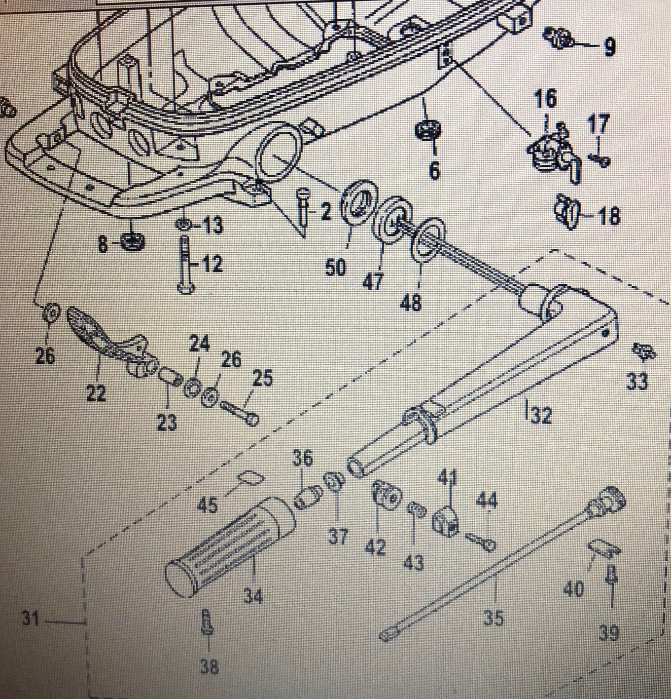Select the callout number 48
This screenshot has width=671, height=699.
click(x=412, y=302)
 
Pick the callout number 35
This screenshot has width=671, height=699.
click(x=493, y=617)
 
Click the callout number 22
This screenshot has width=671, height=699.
click(x=96, y=393)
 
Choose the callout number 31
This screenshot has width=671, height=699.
click(x=31, y=618)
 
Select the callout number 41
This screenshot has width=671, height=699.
click(x=448, y=478)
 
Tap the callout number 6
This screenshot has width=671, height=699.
click(x=434, y=171)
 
